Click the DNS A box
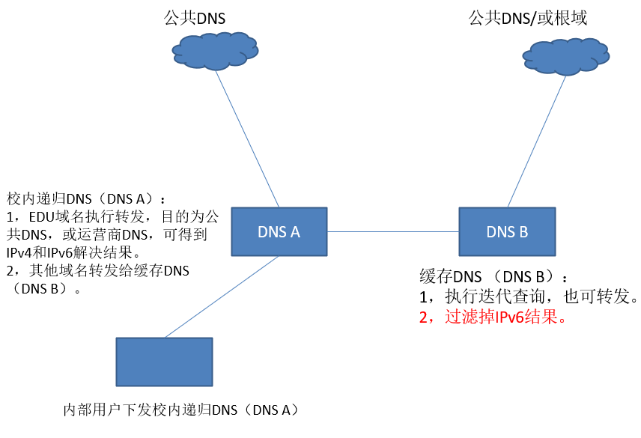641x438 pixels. click(279, 231)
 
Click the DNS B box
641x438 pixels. click(507, 231)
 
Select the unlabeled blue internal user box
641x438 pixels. click(164, 362)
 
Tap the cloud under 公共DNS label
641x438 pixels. click(215, 51)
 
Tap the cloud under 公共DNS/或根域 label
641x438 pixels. click(566, 56)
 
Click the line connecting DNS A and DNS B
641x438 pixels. click(393, 231)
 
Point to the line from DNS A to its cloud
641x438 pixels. click(247, 139)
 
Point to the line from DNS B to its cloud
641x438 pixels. click(537, 142)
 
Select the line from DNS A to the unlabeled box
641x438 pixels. click(222, 296)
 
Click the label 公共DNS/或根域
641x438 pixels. click(528, 19)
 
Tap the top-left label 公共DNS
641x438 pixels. click(195, 19)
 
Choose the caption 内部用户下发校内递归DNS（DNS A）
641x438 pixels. click(182, 410)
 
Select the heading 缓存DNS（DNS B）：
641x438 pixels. click(493, 277)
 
